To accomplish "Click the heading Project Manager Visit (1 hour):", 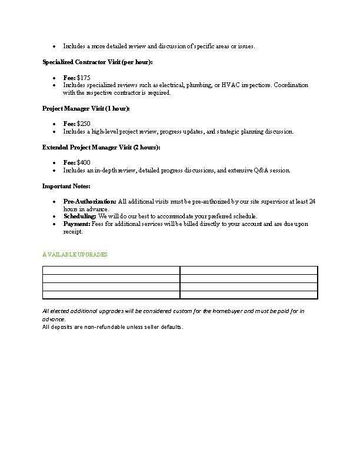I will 86,109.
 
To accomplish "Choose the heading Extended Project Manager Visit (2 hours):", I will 101,148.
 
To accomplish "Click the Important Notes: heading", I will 66,187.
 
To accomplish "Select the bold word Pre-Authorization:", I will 89,202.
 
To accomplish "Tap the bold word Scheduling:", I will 80,217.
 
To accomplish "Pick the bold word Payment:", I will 76,224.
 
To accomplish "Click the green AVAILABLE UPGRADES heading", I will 75,255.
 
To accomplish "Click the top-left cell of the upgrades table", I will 111,271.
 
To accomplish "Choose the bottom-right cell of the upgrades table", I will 248,295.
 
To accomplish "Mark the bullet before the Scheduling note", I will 54,217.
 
